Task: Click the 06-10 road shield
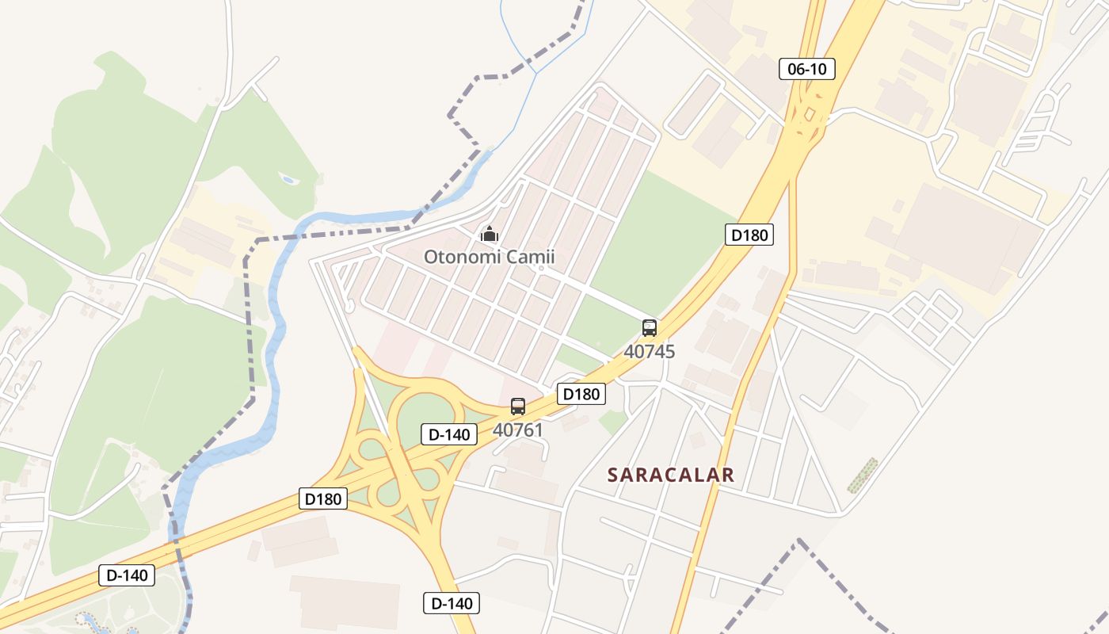coord(807,69)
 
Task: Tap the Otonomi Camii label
coord(489,257)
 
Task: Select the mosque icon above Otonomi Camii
coord(490,234)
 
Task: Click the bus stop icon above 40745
coord(650,328)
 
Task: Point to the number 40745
coord(650,351)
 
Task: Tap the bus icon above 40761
coord(518,407)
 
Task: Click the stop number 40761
coord(518,430)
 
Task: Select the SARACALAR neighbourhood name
coord(671,475)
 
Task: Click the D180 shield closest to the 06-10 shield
coord(749,235)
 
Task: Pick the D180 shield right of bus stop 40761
coord(581,394)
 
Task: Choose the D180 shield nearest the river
coord(323,498)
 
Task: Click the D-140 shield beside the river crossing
coord(127,575)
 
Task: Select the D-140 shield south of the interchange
coord(452,603)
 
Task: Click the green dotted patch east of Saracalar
coord(862,475)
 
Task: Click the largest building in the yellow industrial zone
coord(958,230)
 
